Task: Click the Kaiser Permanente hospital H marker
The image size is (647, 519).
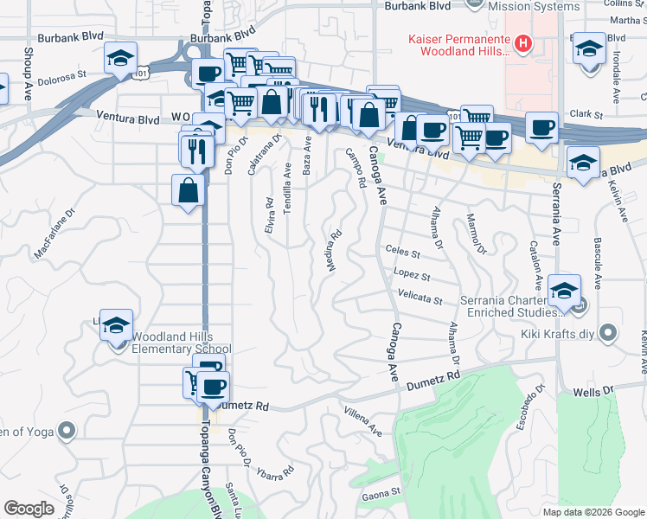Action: (x=522, y=42)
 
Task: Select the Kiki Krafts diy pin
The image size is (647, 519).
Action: (x=609, y=332)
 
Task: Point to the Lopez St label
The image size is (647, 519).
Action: (x=412, y=276)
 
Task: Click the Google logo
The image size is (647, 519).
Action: (x=29, y=509)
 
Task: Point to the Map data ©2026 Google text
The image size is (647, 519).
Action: (x=593, y=512)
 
